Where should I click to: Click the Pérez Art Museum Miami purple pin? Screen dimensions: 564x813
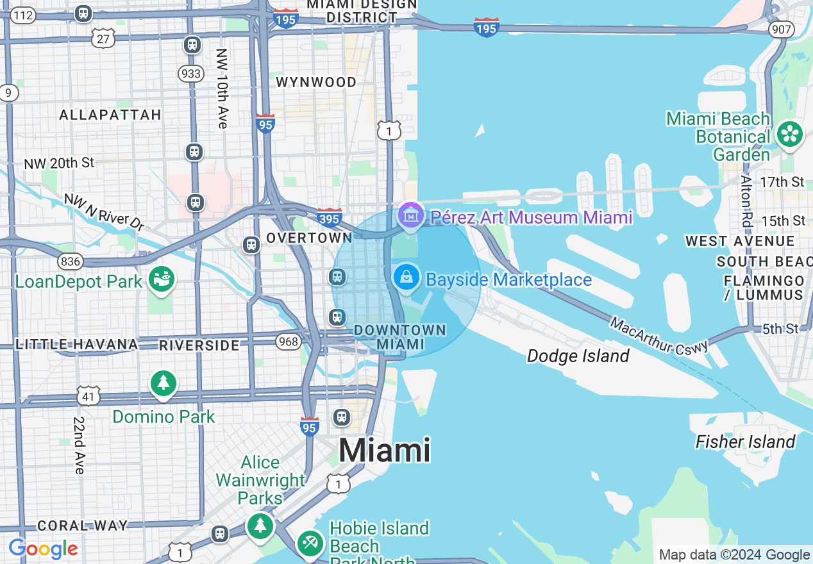point(410,215)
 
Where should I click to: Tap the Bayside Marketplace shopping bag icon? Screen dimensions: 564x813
point(406,278)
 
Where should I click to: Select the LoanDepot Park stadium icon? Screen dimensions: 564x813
point(162,279)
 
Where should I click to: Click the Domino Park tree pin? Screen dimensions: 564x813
point(163,383)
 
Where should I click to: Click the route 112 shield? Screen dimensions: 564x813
point(23,15)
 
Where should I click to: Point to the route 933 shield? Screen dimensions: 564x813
point(192,74)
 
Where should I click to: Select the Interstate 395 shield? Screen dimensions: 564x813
point(329,218)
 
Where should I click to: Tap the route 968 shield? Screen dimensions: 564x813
point(289,342)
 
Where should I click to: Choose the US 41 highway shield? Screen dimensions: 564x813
point(88,396)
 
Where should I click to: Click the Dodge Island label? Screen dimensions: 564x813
point(578,356)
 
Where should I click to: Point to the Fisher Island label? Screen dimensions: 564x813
point(745,442)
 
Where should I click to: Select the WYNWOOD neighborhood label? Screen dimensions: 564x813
point(316,82)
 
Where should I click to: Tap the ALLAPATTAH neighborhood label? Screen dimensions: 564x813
point(110,115)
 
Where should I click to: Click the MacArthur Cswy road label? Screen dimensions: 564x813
point(658,335)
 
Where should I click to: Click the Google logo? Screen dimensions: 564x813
point(43,549)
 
